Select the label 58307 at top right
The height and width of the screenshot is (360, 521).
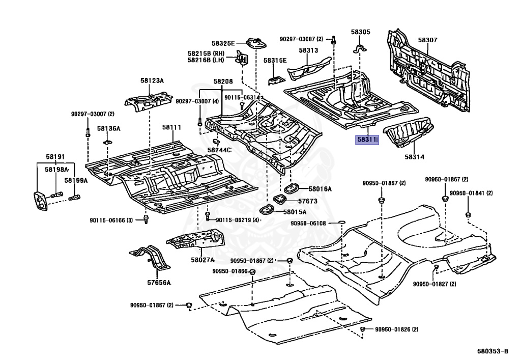pos(427,40)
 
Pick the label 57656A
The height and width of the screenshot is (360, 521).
pos(159,283)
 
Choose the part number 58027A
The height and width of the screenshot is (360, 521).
pos(202,260)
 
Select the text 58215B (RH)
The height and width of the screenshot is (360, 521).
pos(206,53)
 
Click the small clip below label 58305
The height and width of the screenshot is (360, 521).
pos(360,50)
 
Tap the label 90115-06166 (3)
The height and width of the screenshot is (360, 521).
pos(112,220)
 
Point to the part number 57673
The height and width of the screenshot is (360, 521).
pos(307,201)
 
